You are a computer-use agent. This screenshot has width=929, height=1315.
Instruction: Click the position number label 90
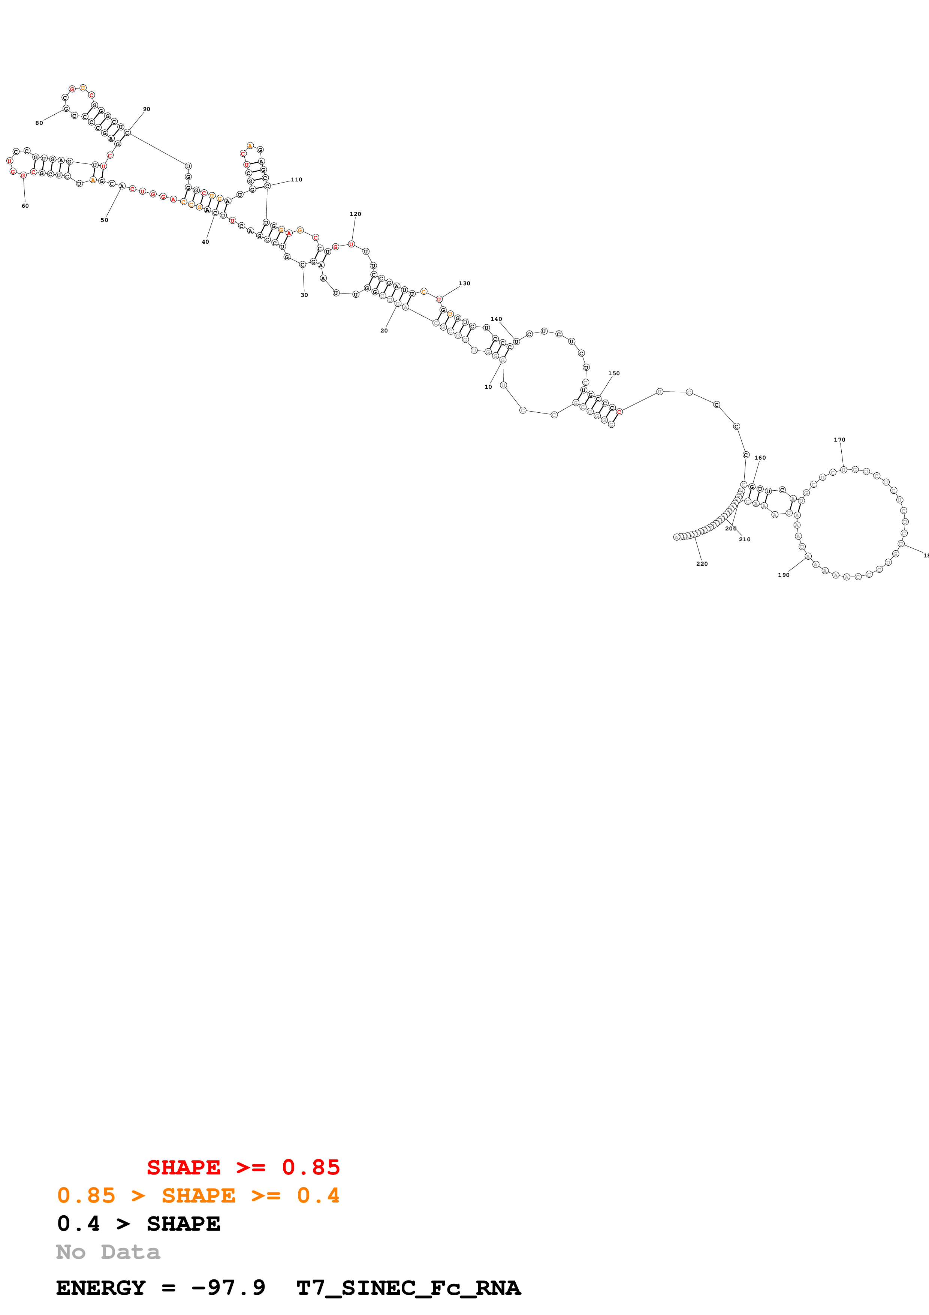[147, 109]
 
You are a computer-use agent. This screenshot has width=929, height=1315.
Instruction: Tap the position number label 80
[39, 123]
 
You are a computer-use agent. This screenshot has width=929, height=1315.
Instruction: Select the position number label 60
[25, 206]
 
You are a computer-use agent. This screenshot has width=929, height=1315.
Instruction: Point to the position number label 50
[104, 220]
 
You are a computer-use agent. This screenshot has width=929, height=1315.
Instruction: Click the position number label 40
[205, 242]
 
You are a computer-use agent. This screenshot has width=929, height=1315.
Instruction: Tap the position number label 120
[356, 214]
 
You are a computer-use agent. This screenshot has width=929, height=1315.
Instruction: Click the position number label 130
[464, 283]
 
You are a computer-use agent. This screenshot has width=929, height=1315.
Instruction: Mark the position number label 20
[384, 331]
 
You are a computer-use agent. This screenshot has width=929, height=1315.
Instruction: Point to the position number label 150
[613, 373]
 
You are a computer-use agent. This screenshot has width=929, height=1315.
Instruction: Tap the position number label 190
[784, 575]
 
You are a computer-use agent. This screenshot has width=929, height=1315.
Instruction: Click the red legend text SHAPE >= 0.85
[243, 1167]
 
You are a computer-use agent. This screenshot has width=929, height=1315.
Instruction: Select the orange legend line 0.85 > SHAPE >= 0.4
[198, 1195]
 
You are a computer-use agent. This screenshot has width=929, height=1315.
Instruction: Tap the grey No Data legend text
[108, 1252]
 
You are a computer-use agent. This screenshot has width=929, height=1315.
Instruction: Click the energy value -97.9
[228, 1288]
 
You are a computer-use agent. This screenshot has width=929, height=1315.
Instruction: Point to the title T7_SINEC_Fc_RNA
[408, 1288]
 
